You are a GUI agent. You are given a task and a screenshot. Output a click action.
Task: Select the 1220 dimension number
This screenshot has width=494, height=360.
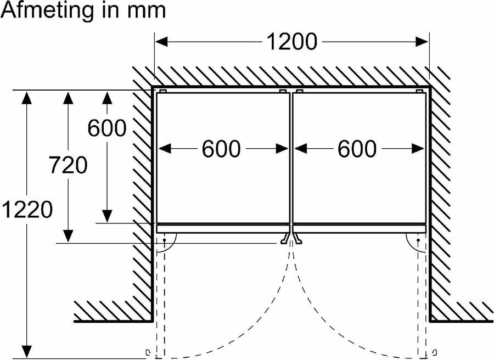coord(27,209)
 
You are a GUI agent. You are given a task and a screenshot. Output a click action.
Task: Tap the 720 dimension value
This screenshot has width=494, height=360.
coord(68,165)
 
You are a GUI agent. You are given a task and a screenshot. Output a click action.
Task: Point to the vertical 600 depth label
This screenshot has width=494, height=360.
coord(107,128)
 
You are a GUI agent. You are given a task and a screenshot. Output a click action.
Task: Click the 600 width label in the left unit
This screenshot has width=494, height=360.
coord(221,149)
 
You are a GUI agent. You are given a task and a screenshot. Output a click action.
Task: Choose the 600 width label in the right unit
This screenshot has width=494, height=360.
coord(357,149)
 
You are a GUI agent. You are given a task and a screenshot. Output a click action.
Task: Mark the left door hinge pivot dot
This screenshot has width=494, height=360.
coord(164,240)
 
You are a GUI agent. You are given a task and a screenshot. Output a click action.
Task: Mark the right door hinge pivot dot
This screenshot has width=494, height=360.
coord(419,240)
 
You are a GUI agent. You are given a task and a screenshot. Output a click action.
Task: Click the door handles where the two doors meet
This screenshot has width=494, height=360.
coord(291,239)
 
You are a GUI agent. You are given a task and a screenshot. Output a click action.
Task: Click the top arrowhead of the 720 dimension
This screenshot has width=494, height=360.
coord(68,98)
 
